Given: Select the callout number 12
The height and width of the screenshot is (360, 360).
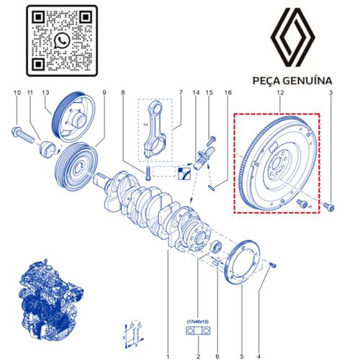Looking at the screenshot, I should pos(279,94).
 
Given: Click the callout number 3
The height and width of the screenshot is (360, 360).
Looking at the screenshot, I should pos(330,94).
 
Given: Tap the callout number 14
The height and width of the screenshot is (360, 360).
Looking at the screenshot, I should pos(195,94).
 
